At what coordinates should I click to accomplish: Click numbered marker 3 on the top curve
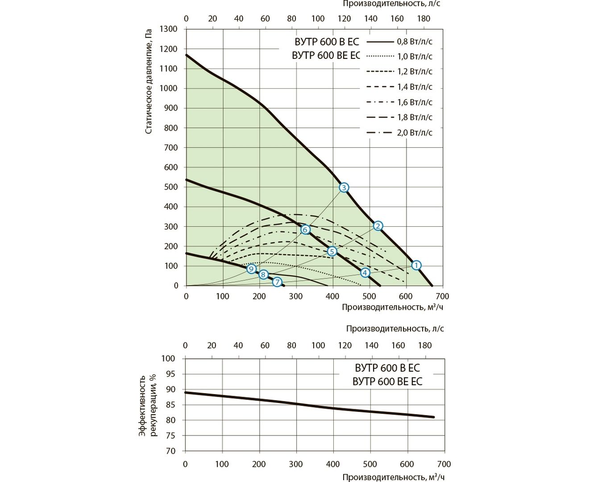344,187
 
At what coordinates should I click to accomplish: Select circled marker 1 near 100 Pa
416,265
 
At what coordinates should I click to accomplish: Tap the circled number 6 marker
305,229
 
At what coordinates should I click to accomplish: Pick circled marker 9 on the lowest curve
251,269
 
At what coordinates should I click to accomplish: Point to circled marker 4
365,273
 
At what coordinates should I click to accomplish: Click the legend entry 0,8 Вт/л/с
415,42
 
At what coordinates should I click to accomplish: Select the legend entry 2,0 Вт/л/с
415,133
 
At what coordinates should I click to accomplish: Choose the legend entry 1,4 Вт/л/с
415,87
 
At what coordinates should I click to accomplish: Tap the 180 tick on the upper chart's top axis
423,19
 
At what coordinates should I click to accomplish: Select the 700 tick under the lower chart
444,464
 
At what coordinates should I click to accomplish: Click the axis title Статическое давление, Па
149,82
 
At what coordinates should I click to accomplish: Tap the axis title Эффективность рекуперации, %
148,405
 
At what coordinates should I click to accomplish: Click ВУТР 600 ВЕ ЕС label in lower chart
387,382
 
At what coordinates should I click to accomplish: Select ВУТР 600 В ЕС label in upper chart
327,42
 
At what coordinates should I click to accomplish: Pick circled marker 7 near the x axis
277,282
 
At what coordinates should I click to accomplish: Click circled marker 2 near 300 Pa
377,226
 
